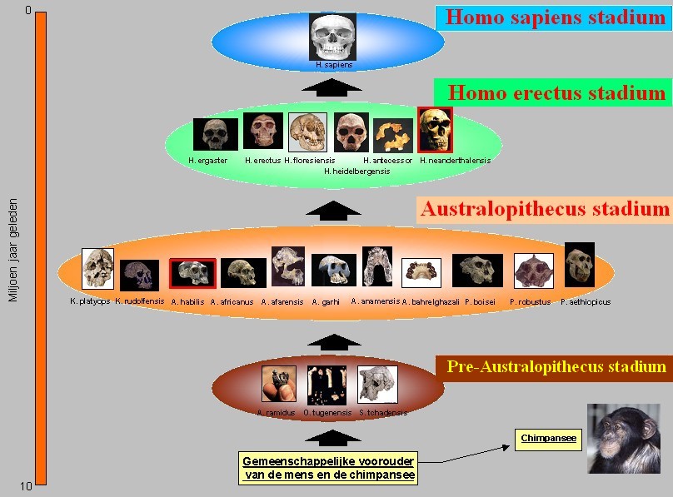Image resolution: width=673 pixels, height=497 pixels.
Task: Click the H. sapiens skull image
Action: click(x=332, y=37)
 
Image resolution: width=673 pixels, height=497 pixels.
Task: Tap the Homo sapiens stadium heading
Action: click(x=556, y=17)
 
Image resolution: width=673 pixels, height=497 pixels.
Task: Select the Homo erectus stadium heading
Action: click(x=556, y=93)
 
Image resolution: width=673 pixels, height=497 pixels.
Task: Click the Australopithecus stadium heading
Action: click(x=545, y=209)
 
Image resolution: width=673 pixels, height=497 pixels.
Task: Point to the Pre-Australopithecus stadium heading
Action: click(x=556, y=367)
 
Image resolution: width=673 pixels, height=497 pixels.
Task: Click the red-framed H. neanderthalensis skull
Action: click(x=435, y=130)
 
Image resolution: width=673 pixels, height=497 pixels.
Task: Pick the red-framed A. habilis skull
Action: click(x=192, y=272)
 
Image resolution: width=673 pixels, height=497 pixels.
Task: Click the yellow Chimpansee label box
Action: click(x=548, y=439)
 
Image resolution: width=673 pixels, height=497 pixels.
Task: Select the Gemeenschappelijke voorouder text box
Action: click(x=328, y=469)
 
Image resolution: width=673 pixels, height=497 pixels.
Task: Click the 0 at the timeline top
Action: click(x=27, y=10)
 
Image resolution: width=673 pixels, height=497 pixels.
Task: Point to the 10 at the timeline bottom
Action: click(x=26, y=487)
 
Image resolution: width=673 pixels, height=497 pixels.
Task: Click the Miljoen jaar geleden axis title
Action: click(x=12, y=250)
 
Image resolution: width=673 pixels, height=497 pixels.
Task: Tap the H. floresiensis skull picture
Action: click(x=307, y=132)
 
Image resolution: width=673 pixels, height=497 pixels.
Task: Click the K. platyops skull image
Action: click(x=97, y=268)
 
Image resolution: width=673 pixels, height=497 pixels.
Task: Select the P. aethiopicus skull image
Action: click(x=579, y=265)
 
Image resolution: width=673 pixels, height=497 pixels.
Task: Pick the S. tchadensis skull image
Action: click(x=376, y=385)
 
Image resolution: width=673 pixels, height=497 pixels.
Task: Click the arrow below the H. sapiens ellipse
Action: click(x=332, y=86)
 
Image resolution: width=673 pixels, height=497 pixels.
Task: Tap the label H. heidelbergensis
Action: click(x=356, y=171)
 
